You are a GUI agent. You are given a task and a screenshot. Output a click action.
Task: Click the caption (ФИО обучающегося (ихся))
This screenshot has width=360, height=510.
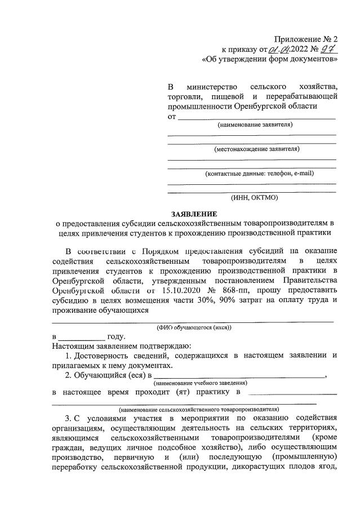194,327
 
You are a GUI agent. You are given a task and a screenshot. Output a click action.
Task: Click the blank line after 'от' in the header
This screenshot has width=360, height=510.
256,117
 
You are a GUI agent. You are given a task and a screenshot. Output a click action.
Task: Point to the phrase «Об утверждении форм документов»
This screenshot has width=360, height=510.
270,59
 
